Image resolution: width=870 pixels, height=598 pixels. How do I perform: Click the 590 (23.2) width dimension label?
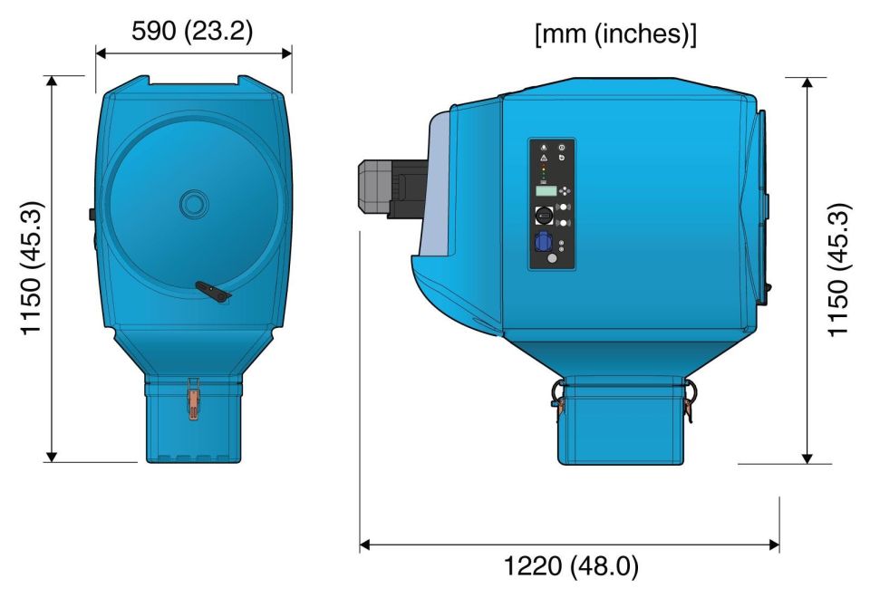click(x=192, y=31)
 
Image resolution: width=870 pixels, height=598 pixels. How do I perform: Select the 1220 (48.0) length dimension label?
click(x=571, y=566)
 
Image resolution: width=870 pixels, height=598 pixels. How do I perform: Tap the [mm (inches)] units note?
click(x=616, y=34)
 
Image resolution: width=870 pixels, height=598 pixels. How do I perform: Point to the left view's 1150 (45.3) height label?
click(x=32, y=268)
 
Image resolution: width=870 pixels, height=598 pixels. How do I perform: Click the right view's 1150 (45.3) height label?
click(x=839, y=270)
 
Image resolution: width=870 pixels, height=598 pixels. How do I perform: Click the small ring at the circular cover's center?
click(x=194, y=205)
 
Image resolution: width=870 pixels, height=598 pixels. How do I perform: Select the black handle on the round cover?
click(x=214, y=291)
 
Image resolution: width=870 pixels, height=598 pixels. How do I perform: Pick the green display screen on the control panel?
click(x=546, y=191)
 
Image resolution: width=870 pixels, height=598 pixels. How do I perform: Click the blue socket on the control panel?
click(x=543, y=243)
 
